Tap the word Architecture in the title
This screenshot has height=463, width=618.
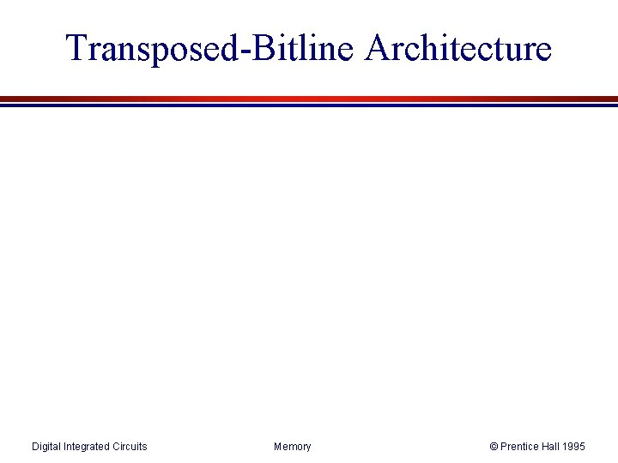pos(457,48)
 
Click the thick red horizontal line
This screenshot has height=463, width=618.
pos(309,99)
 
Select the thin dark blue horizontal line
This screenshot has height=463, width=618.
pos(309,105)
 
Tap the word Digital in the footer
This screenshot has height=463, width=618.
pos(47,447)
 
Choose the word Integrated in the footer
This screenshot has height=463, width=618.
pos(88,447)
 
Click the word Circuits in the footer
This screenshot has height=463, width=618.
pos(130,447)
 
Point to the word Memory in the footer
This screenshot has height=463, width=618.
pos(293,447)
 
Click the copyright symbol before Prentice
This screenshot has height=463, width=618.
pos(494,447)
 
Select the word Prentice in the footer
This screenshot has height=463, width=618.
pos(521,447)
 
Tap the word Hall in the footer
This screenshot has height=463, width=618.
pos(554,447)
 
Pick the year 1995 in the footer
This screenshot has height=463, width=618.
pos(576,447)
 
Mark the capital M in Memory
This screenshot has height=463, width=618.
pos(278,447)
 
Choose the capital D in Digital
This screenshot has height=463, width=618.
pos(35,447)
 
